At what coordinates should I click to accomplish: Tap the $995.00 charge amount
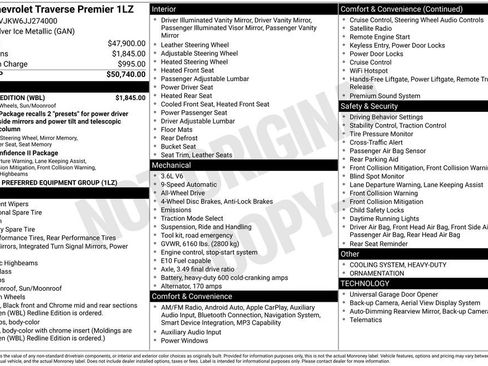[x=128, y=64]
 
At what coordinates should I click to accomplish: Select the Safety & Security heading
[x=370, y=104]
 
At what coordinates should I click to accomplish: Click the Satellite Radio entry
[x=372, y=29]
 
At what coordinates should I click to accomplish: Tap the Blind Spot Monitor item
[x=379, y=175]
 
